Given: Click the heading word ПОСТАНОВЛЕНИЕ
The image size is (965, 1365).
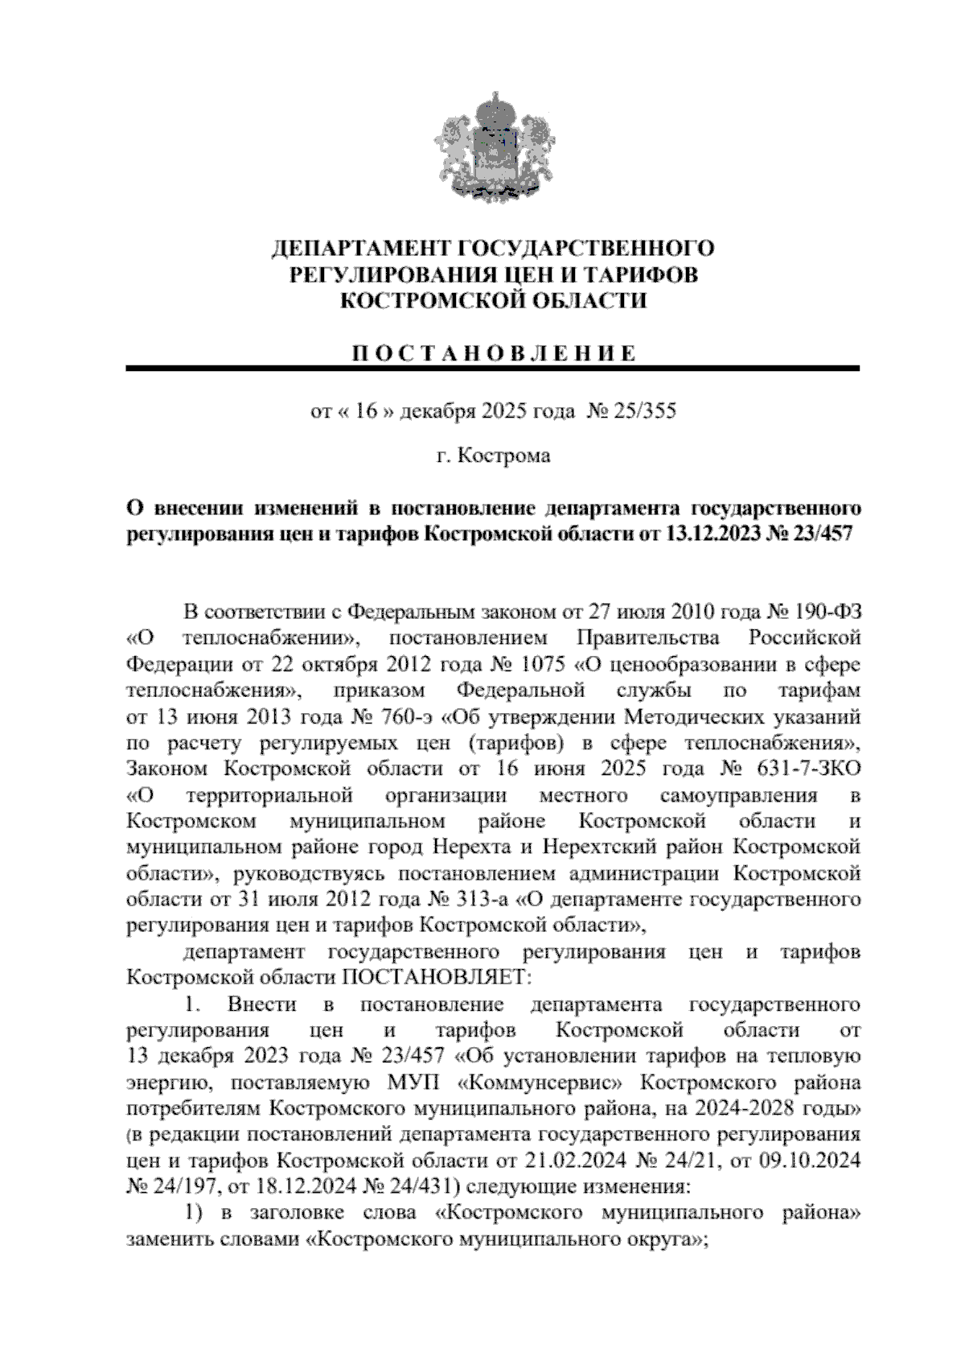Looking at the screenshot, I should (492, 353).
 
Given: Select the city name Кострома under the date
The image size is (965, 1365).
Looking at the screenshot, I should (504, 456).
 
